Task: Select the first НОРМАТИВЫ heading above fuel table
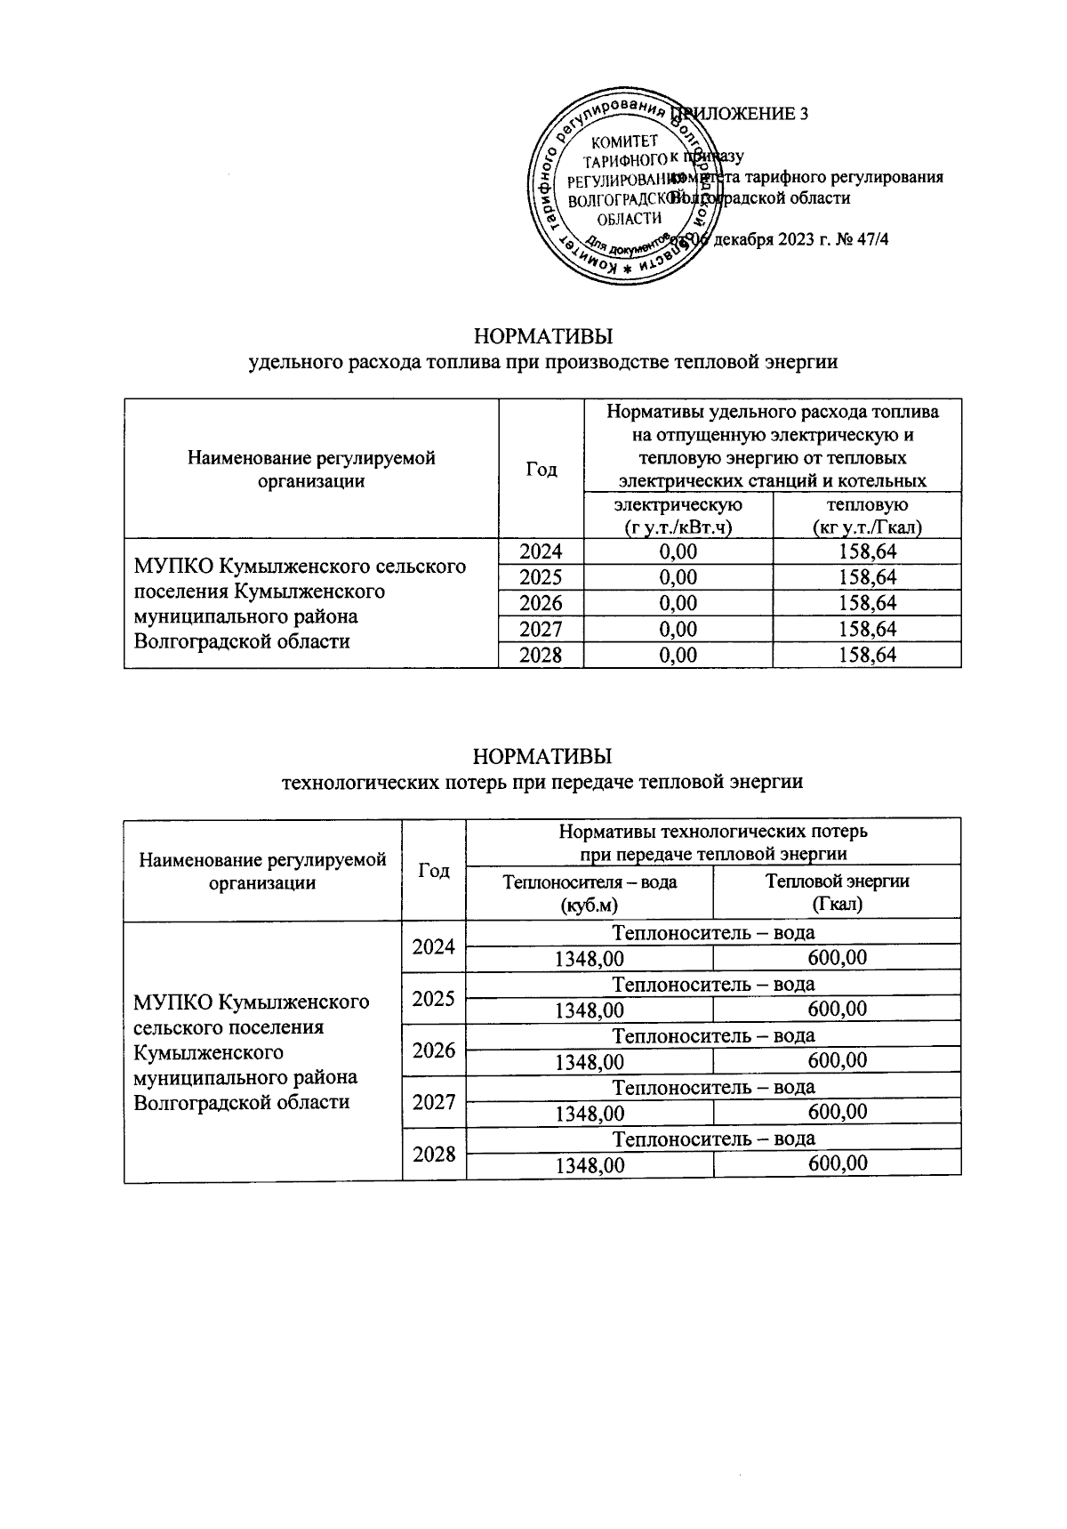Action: pyautogui.click(x=543, y=337)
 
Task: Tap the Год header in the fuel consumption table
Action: pyautogui.click(x=541, y=469)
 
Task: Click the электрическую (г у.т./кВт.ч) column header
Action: pyautogui.click(x=678, y=516)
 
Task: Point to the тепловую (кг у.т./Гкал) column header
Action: pyautogui.click(x=867, y=516)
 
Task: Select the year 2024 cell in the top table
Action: pyautogui.click(x=541, y=551)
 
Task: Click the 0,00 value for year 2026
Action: pyautogui.click(x=678, y=603)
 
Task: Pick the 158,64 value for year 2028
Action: pyautogui.click(x=867, y=656)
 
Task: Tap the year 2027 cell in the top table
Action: pyautogui.click(x=541, y=630)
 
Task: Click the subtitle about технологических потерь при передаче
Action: pyautogui.click(x=542, y=782)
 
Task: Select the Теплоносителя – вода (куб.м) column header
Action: pyautogui.click(x=590, y=893)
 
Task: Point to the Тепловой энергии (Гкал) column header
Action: pyautogui.click(x=837, y=893)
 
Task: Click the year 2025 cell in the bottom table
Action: pyautogui.click(x=434, y=998)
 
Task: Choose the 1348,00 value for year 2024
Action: pyautogui.click(x=590, y=959)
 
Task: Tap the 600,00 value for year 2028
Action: pyautogui.click(x=837, y=1163)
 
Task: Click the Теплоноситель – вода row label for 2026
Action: pyautogui.click(x=713, y=1035)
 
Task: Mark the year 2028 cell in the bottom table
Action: pyautogui.click(x=434, y=1154)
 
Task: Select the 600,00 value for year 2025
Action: pyautogui.click(x=837, y=1010)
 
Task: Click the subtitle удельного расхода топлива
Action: pyautogui.click(x=543, y=363)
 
